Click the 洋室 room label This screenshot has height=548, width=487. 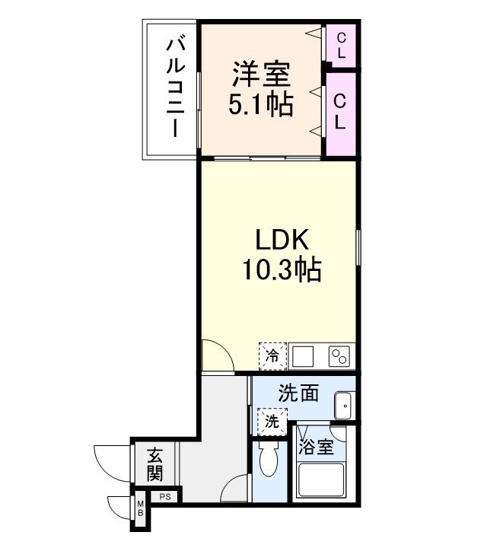click(x=261, y=76)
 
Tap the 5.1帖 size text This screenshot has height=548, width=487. click(x=261, y=105)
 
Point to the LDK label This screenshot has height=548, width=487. click(x=281, y=241)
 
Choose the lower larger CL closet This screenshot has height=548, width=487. click(x=341, y=111)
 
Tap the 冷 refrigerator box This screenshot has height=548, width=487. click(x=272, y=355)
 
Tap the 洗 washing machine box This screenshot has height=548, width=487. click(x=271, y=421)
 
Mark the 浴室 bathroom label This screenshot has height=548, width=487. click(x=316, y=446)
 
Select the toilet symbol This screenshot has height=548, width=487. click(x=269, y=461)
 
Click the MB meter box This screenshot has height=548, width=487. click(x=141, y=508)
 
